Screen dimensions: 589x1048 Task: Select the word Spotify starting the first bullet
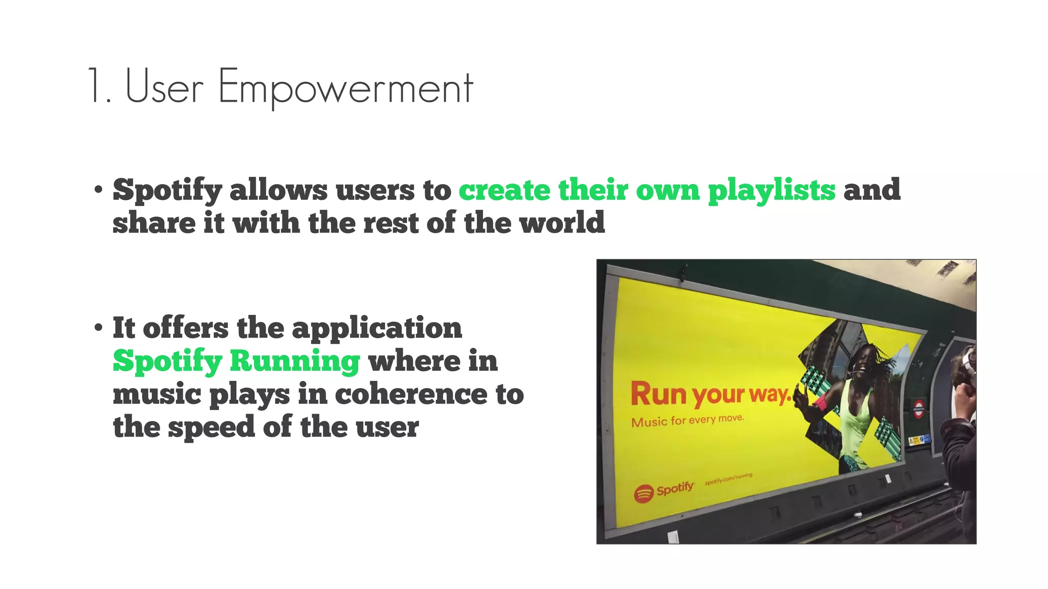(167, 190)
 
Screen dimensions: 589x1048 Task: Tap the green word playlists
(772, 190)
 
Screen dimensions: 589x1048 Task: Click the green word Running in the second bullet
(295, 360)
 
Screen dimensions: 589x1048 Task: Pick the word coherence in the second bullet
(411, 394)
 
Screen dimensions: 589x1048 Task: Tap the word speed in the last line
(211, 427)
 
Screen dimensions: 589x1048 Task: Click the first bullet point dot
(99, 190)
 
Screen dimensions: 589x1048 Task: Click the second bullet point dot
(99, 328)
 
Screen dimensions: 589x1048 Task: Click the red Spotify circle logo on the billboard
(644, 493)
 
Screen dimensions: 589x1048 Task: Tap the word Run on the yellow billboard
(658, 394)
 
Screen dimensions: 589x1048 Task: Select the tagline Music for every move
(687, 420)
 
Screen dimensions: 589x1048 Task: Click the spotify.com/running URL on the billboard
(728, 479)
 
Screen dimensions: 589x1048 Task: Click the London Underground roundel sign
(919, 410)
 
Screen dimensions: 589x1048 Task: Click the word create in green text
(505, 190)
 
